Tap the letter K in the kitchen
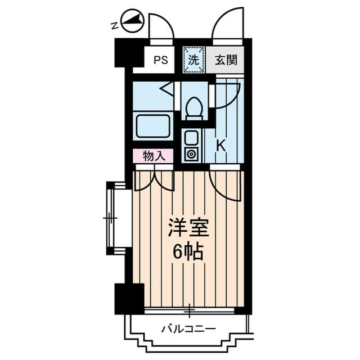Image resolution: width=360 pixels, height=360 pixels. coord(220,145)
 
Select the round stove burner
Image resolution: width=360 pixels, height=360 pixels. coord(191,154)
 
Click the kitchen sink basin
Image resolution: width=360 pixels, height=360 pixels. coord(191,137)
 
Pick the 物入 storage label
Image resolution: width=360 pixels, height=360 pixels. coord(153,156)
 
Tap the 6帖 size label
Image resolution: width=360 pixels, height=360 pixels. coord(188,251)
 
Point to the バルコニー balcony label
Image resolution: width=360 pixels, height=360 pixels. coord(188,327)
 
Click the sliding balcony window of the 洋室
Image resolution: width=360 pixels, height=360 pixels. coord(190,310)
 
